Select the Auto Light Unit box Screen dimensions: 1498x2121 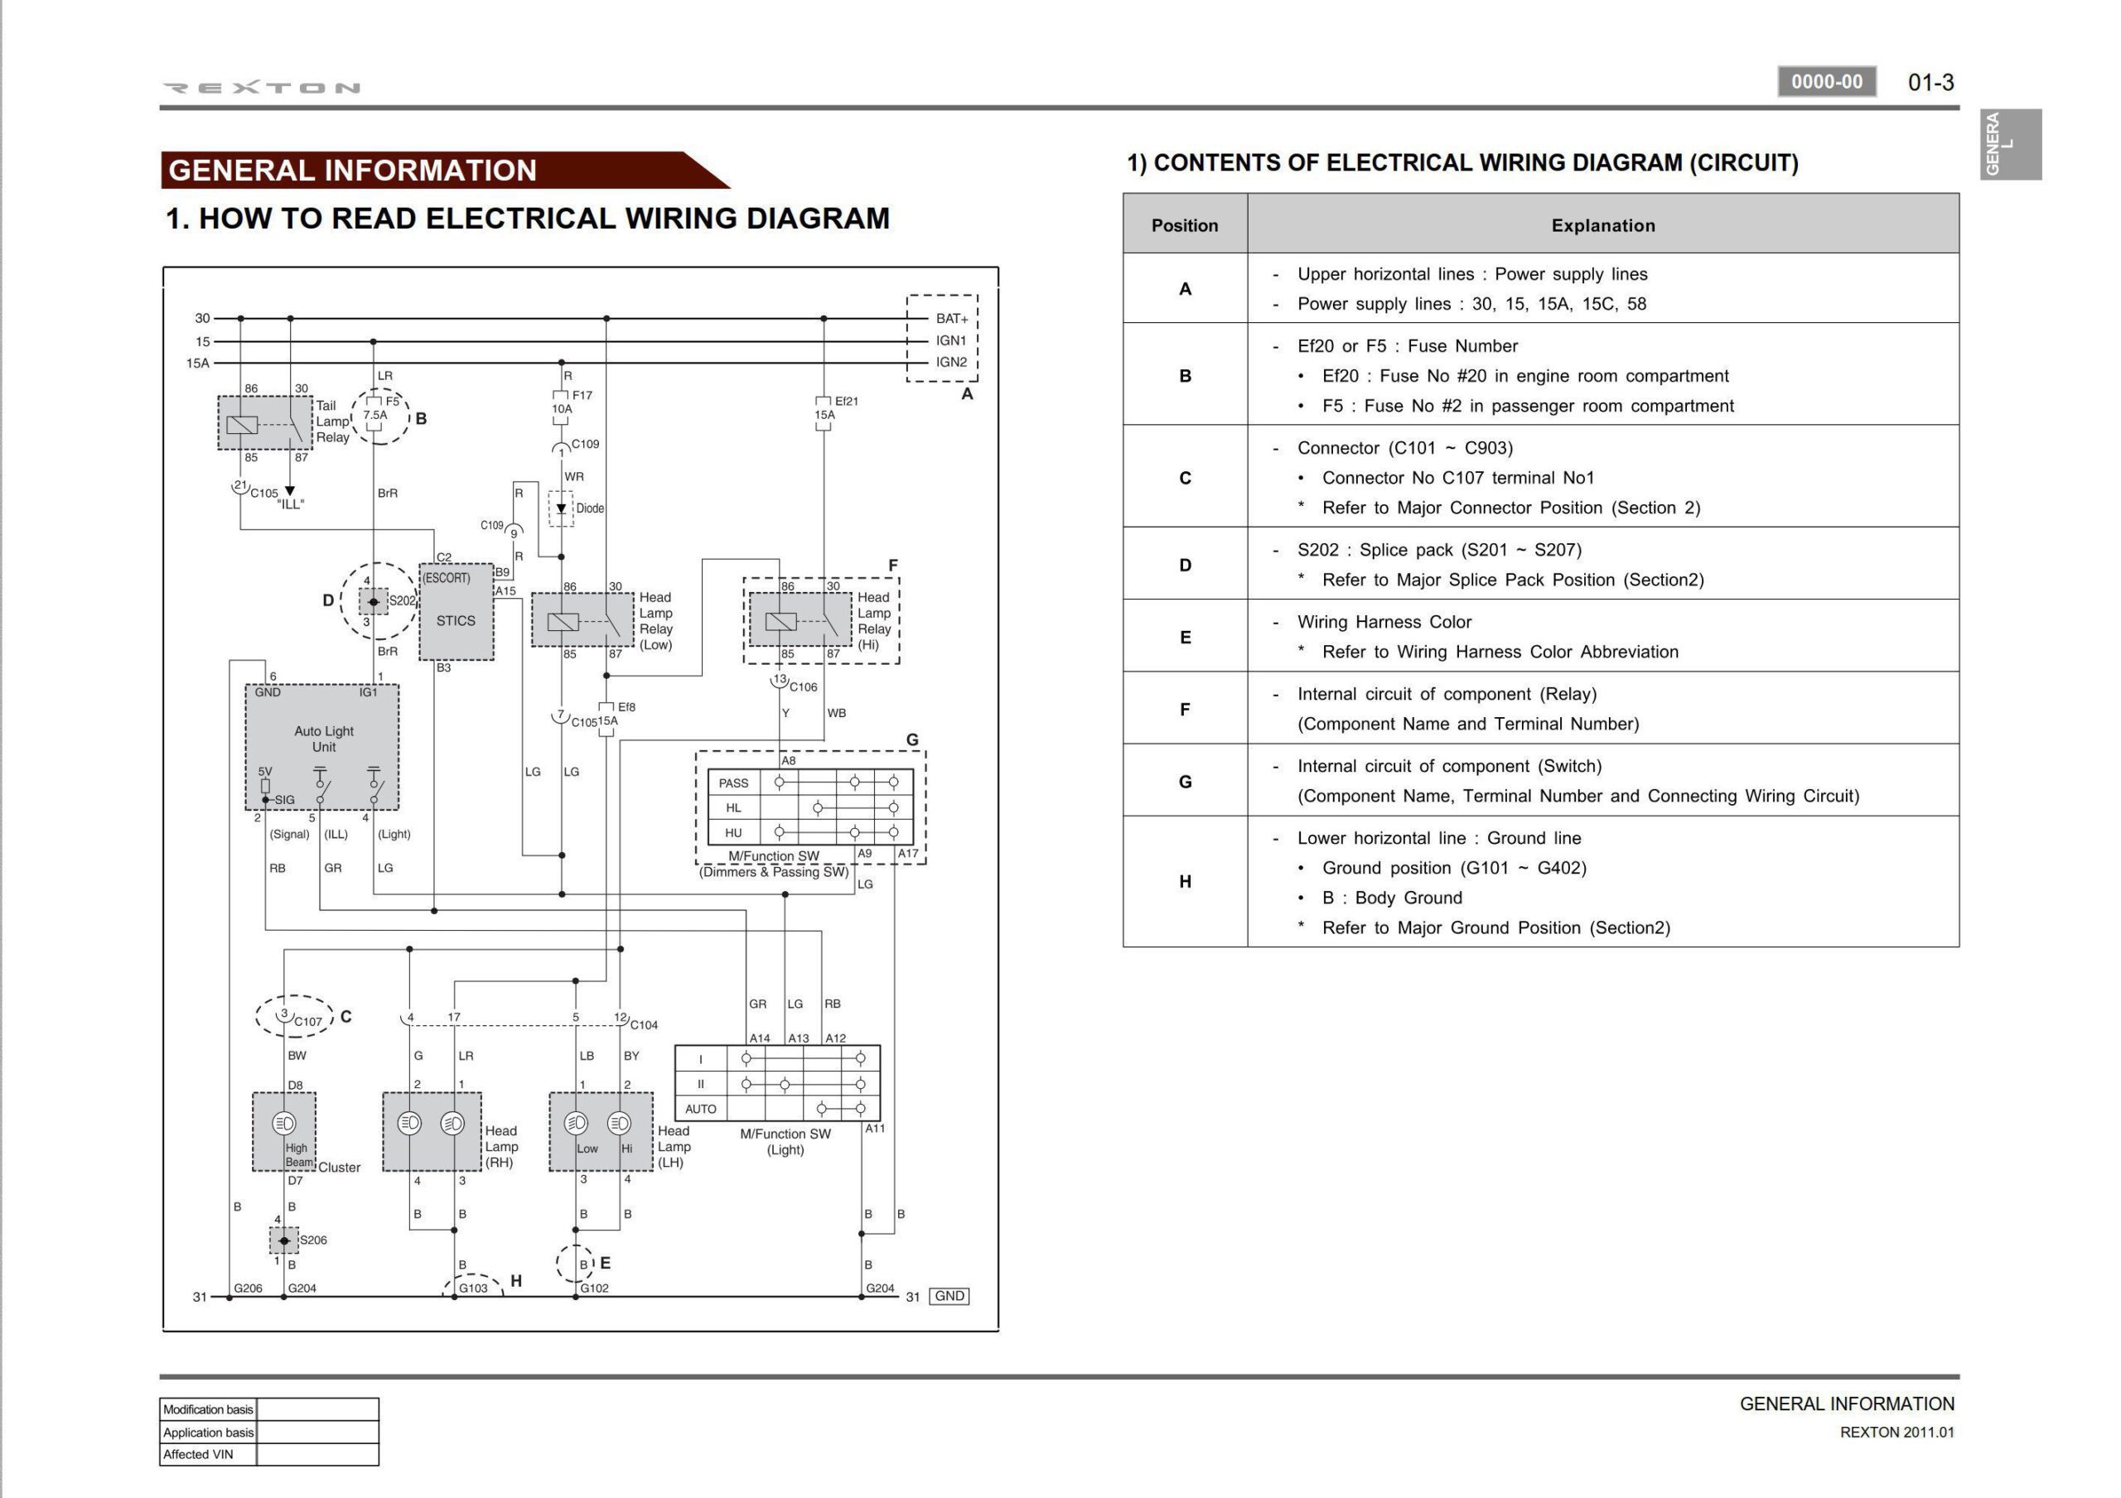[322, 746]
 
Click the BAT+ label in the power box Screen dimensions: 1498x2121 [951, 319]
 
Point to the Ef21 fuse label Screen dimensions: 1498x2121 [846, 402]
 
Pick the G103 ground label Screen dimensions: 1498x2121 [473, 1288]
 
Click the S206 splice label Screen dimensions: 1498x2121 [313, 1240]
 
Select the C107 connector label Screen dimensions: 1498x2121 [307, 1022]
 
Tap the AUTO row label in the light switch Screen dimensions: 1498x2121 [700, 1109]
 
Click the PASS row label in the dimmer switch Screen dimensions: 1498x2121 [733, 783]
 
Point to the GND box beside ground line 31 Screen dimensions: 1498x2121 [949, 1296]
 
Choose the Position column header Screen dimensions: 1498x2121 [1184, 225]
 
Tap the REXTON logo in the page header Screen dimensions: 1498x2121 [262, 88]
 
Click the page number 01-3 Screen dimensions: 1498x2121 [1930, 82]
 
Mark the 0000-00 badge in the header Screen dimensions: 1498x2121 [1826, 82]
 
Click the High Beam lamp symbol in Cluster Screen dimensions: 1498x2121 [283, 1123]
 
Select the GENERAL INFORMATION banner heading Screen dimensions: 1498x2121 [352, 171]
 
